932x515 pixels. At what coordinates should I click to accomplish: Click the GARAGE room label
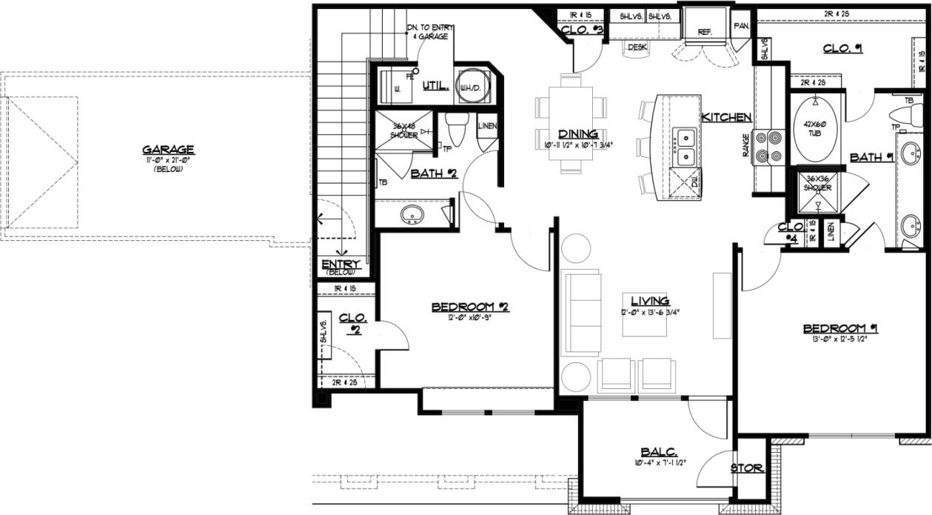point(168,148)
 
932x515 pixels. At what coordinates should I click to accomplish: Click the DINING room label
point(578,133)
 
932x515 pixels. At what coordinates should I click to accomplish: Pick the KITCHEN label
point(727,117)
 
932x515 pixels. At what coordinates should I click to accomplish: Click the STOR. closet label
point(746,468)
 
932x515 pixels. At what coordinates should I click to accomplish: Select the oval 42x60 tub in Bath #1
point(815,130)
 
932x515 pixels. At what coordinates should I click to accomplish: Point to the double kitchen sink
point(685,146)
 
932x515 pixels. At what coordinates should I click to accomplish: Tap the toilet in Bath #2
point(455,133)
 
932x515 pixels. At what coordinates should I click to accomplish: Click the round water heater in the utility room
point(469,83)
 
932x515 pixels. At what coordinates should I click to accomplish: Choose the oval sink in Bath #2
point(412,215)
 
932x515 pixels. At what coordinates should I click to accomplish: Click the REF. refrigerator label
point(704,32)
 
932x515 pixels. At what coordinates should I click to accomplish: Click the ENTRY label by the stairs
point(341,265)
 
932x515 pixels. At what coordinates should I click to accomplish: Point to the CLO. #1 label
point(844,49)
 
